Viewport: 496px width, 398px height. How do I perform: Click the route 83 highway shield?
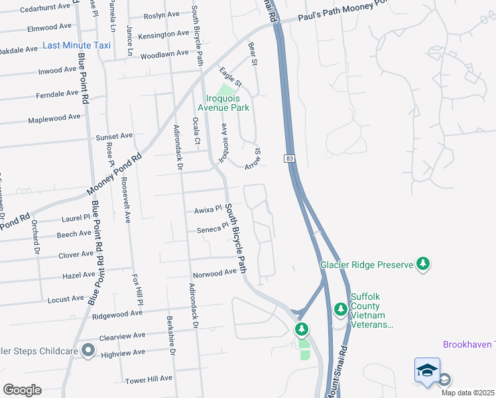[x=290, y=159]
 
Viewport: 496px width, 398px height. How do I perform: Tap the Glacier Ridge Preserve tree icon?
[x=423, y=265]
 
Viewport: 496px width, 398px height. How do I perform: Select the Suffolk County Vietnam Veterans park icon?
[x=341, y=308]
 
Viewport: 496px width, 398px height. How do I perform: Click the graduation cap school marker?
[x=427, y=371]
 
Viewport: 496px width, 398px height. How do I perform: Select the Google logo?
[x=22, y=390]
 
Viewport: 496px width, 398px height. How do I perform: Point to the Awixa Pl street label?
[x=206, y=210]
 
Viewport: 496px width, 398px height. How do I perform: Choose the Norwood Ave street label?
[x=214, y=273]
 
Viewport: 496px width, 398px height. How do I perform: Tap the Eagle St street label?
[x=231, y=78]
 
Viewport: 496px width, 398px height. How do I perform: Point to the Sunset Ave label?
[x=114, y=136]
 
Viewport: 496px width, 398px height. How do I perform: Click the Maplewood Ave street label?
[x=54, y=117]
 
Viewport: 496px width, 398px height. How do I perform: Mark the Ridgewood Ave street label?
[x=117, y=313]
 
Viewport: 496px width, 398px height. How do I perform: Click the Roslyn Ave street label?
[x=161, y=15]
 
